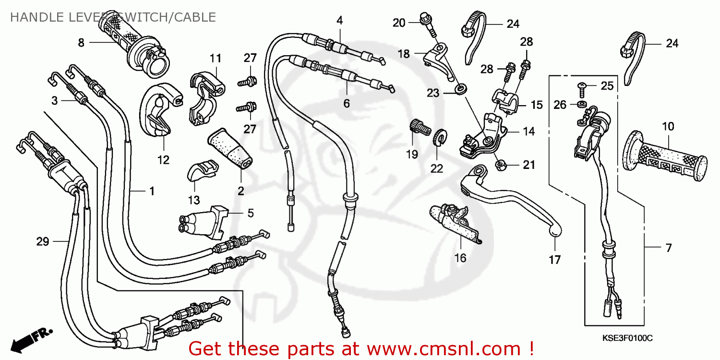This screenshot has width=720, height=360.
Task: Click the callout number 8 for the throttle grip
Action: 81,43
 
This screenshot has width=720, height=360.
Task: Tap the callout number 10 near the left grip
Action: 668,127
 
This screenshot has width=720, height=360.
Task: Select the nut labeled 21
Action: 499,166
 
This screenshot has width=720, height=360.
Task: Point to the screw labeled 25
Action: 582,86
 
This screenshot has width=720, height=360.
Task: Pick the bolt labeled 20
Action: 426,20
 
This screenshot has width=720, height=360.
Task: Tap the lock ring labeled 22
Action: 438,138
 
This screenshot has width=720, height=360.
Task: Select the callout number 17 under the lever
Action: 554,260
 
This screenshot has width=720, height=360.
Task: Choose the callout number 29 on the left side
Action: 43,241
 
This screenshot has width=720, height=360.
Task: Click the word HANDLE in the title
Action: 30,18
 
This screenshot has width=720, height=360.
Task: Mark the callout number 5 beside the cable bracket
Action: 251,213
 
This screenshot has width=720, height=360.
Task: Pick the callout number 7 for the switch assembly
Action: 668,248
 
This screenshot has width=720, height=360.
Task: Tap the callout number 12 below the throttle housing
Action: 164,160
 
